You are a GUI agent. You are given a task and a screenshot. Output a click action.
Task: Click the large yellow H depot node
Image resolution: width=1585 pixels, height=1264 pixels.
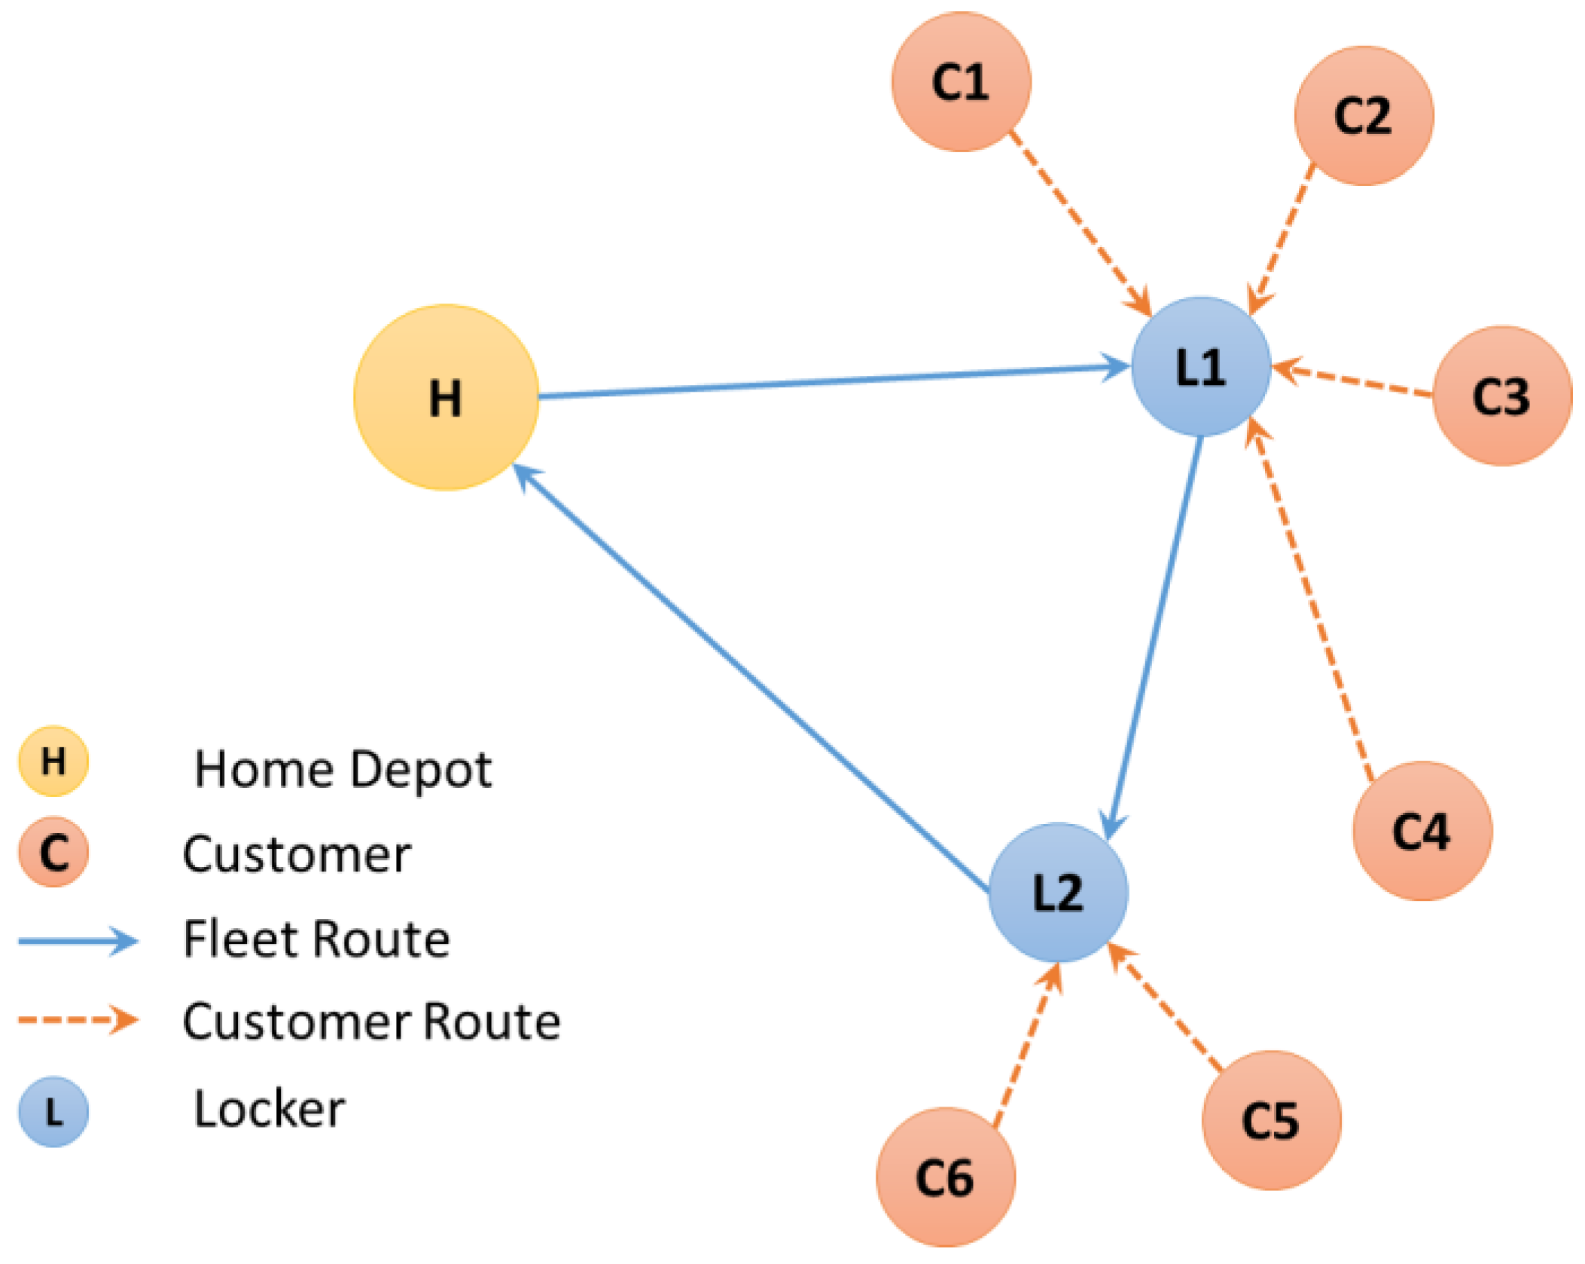point(446,397)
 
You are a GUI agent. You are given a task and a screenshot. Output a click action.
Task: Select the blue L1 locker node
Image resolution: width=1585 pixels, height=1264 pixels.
point(1200,367)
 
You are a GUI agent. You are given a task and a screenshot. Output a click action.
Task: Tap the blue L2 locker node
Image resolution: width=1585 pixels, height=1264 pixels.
point(1057,892)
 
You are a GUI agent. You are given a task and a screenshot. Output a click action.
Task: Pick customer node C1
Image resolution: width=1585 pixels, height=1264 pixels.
point(961,81)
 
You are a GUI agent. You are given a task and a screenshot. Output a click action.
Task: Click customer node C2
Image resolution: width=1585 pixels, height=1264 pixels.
point(1364,115)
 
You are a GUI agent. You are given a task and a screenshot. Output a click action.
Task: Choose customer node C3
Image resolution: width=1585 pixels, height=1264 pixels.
point(1501,395)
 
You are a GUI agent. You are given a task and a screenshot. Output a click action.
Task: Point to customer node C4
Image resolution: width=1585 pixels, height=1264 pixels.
point(1422,831)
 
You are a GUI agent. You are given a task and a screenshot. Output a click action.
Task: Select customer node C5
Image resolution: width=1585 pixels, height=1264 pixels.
point(1271,1120)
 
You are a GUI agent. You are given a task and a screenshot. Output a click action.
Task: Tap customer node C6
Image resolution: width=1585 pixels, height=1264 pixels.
point(945,1177)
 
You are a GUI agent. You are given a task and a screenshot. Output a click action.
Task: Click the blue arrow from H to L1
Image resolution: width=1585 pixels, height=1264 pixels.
point(828,382)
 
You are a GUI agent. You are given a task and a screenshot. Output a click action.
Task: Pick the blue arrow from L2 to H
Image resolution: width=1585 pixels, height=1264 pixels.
point(753,678)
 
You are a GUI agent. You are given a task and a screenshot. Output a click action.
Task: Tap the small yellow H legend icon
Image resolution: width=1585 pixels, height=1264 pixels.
point(53,761)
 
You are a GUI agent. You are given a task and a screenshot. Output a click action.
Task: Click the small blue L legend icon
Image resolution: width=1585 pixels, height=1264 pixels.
point(53,1111)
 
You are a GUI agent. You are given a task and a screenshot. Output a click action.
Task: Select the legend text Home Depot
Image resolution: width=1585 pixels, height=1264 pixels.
point(343,770)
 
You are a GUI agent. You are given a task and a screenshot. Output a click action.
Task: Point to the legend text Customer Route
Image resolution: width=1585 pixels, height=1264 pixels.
point(371,1021)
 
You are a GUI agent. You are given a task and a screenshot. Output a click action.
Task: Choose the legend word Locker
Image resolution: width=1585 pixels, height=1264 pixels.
point(269,1109)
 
